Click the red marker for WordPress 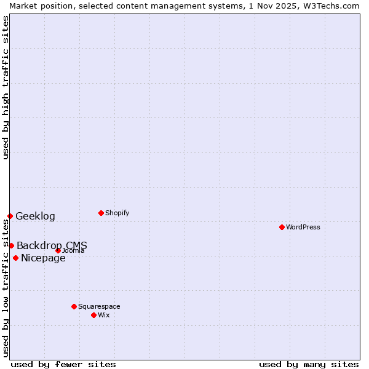(282, 227)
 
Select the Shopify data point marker (101, 213)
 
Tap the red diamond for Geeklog (10, 216)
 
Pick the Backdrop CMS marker (11, 245)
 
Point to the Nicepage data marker (15, 258)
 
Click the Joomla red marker (58, 250)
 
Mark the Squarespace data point (74, 306)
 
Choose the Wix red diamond (93, 315)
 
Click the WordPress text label (303, 227)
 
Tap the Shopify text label (117, 213)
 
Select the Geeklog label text (35, 216)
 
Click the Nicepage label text (43, 258)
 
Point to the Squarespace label (99, 306)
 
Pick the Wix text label (103, 315)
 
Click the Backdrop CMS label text (52, 245)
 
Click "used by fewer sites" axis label (63, 364)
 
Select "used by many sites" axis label (309, 364)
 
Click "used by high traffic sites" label (6, 87)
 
